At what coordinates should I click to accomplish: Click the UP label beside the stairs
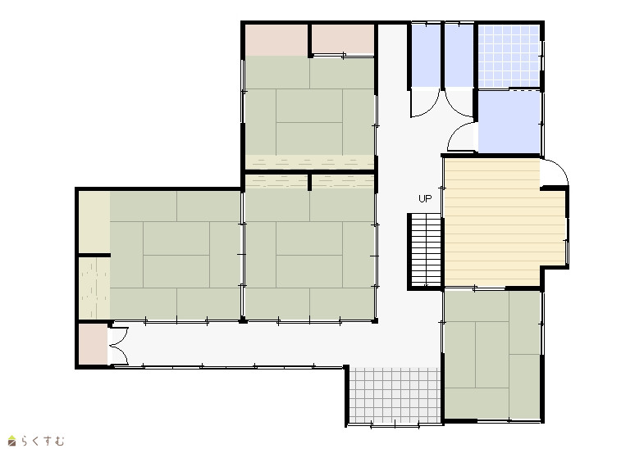pos(425,199)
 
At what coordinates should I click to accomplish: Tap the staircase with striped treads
pos(426,250)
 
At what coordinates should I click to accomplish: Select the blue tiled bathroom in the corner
pos(509,57)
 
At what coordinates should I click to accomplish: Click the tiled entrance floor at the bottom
pos(395,395)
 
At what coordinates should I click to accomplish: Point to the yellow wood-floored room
pos(501,222)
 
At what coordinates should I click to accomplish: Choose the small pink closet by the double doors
pos(93,343)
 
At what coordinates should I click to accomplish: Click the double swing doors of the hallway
pos(119,346)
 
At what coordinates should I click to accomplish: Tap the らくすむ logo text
pos(43,441)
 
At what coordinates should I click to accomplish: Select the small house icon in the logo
pos(12,441)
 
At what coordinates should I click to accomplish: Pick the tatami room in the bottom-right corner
pos(492,355)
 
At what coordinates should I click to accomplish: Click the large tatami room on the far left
pos(175,255)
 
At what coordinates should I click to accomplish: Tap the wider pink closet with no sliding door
pos(276,40)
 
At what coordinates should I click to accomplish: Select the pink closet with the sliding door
pos(343,39)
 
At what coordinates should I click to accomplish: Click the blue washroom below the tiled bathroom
pos(509,122)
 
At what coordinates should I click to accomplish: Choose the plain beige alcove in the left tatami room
pos(94,222)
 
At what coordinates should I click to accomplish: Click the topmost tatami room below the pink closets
pos(309,106)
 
